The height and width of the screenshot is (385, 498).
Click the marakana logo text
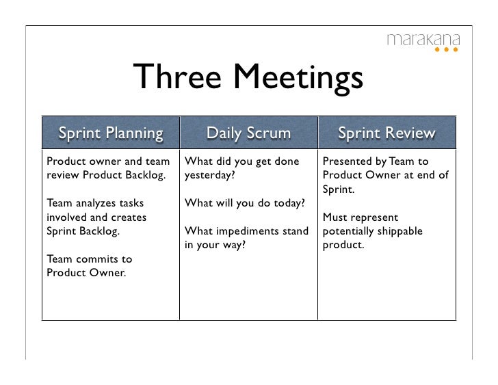point(423,39)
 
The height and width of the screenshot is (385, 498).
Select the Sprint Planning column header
point(111,133)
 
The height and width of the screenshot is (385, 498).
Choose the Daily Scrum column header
point(248,133)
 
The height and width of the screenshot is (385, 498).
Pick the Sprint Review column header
point(386,133)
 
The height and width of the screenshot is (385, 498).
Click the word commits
point(99,259)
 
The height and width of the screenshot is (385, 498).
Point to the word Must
point(335,217)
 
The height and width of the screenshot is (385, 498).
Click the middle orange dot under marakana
point(447,50)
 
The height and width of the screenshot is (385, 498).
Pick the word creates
point(127,217)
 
